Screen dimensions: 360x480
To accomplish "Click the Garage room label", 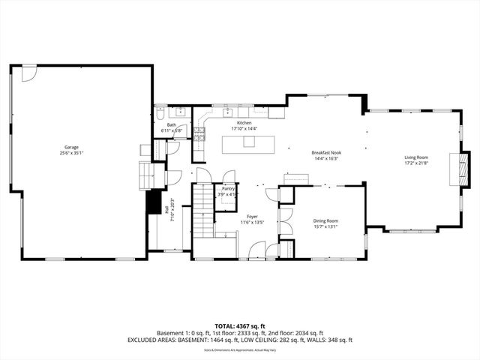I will [71, 147].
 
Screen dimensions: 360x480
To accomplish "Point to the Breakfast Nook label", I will [325, 152].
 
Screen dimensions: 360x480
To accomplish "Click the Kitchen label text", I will [244, 122].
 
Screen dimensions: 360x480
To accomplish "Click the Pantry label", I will [228, 188].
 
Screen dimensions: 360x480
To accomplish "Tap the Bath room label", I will [172, 124].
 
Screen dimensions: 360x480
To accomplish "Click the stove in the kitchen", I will [199, 134].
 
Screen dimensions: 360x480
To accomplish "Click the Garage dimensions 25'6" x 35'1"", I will [71, 153].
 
